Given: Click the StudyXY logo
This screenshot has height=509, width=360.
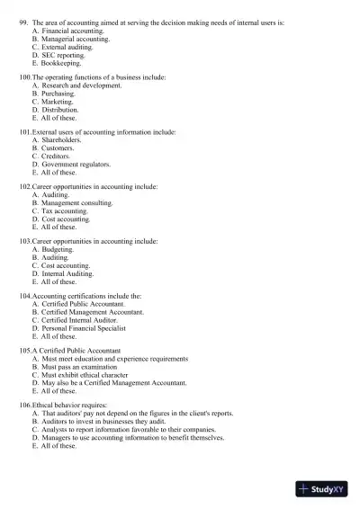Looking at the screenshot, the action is pyautogui.click(x=320, y=489).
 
